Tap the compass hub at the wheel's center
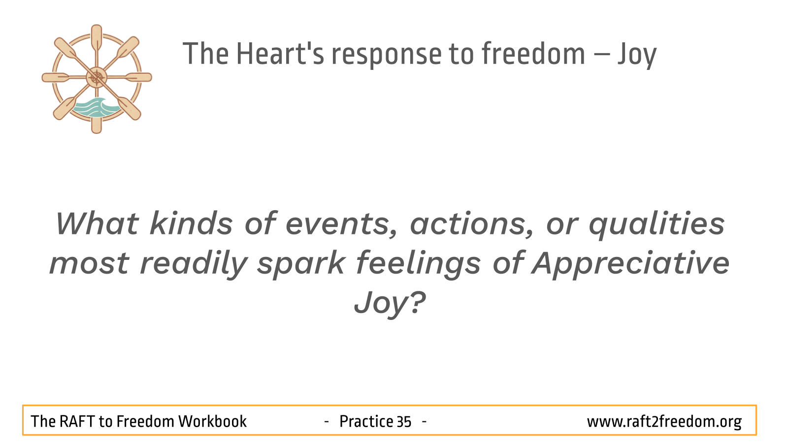(97, 77)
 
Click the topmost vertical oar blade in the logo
(97, 37)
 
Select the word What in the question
(97, 223)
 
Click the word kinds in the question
(191, 223)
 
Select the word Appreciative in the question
(630, 264)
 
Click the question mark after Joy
(418, 302)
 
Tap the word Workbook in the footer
(212, 421)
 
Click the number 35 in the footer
(404, 421)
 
